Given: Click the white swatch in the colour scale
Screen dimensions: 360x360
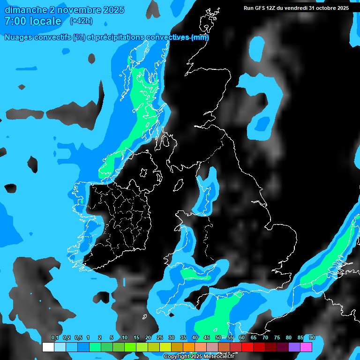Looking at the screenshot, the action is coord(48,347).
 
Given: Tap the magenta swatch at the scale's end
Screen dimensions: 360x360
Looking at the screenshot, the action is coord(306,347).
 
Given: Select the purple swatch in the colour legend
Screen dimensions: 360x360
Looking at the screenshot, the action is coord(294,347).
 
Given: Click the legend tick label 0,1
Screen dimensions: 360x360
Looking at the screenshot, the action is coord(54,338).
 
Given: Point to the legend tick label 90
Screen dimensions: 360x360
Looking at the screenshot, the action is coord(312,338).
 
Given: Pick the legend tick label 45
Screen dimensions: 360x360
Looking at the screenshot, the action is coord(207,338).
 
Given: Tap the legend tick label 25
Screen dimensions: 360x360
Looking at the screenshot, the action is coord(160,338).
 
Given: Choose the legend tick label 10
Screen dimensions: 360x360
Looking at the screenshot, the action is coord(125,338).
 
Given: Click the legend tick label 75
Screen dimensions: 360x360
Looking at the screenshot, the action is coord(277,338).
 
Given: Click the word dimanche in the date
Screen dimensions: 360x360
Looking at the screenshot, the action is coord(25,10).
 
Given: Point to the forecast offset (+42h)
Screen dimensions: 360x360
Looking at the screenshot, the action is coord(81,21).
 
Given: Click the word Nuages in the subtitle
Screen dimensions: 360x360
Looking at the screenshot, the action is coord(18,37).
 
